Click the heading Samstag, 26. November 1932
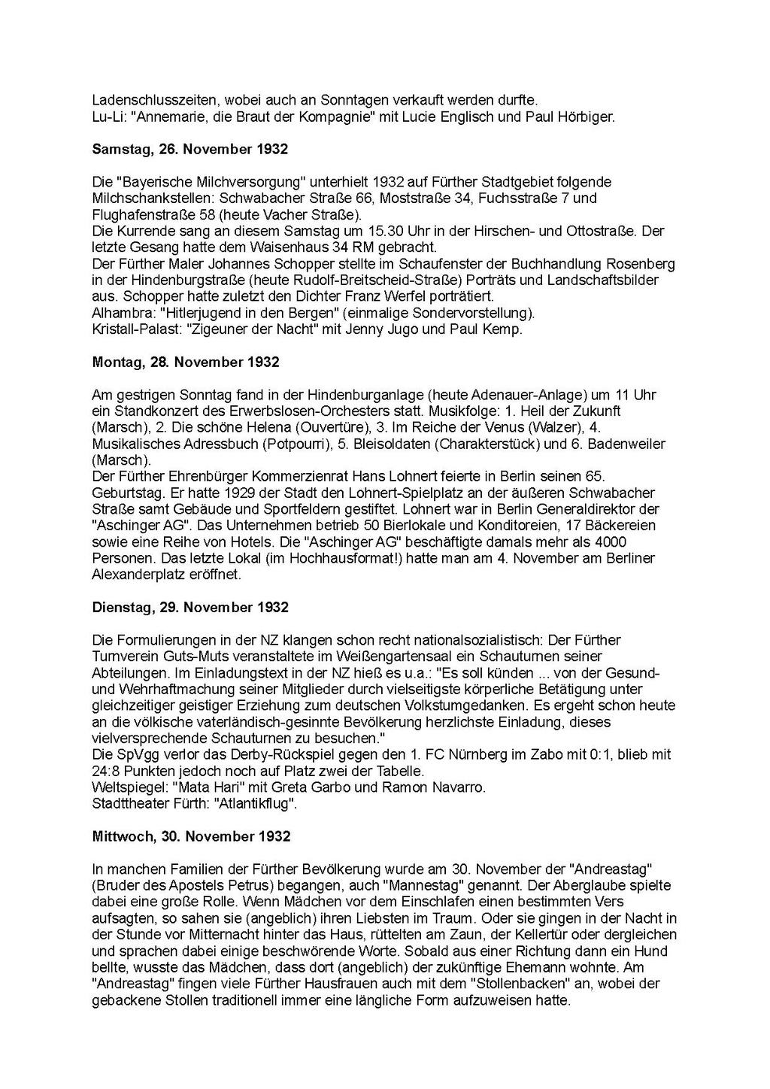(x=189, y=149)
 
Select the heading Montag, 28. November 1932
(x=185, y=362)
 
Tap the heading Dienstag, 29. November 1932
(x=190, y=607)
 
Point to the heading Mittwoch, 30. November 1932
(x=191, y=836)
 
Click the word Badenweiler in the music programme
(x=626, y=444)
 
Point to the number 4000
(x=611, y=541)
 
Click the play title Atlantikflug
(x=255, y=804)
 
